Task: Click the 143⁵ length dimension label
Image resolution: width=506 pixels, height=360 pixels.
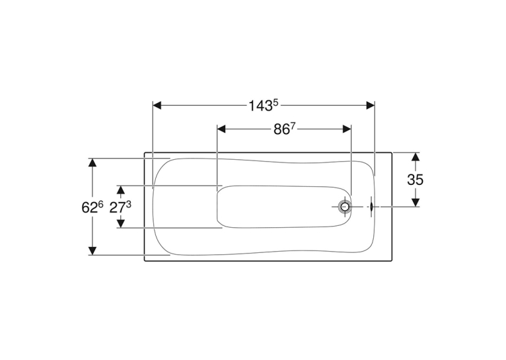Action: click(x=264, y=106)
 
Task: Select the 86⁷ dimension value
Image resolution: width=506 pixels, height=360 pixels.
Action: click(x=284, y=129)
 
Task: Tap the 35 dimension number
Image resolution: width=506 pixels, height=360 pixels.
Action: click(x=415, y=180)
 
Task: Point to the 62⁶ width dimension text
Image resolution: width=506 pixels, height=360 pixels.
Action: click(x=92, y=207)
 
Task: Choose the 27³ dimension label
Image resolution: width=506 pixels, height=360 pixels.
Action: click(x=120, y=207)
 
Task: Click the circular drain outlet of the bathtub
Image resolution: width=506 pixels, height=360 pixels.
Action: click(x=344, y=207)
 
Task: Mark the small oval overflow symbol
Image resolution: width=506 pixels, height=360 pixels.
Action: click(x=372, y=207)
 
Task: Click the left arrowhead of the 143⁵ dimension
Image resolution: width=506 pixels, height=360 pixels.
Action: click(x=157, y=106)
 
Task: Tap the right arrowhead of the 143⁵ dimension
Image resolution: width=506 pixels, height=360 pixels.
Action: click(x=371, y=106)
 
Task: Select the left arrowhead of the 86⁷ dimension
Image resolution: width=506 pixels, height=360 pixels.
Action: click(x=221, y=129)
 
